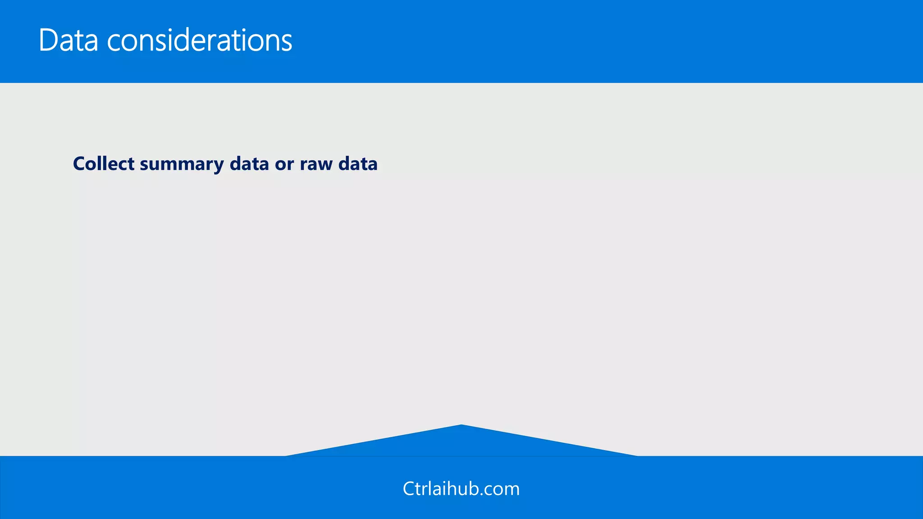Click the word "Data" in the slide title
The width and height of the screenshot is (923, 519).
(x=68, y=41)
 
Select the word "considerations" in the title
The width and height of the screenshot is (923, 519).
(x=200, y=41)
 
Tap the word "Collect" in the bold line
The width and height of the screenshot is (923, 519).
(x=103, y=164)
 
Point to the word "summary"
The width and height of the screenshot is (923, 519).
(x=182, y=164)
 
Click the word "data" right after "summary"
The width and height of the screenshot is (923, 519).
(x=249, y=164)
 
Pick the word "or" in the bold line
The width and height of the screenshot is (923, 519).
(x=284, y=164)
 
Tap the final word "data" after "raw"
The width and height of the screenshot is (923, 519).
(x=358, y=164)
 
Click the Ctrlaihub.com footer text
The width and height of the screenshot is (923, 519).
(x=461, y=489)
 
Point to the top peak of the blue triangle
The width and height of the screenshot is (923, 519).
(x=461, y=425)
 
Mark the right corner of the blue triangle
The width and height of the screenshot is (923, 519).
(x=636, y=455)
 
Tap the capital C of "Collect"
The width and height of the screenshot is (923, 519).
(x=80, y=164)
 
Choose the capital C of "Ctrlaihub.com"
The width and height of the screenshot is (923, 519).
(x=409, y=489)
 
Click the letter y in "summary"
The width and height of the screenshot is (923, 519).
(x=218, y=166)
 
